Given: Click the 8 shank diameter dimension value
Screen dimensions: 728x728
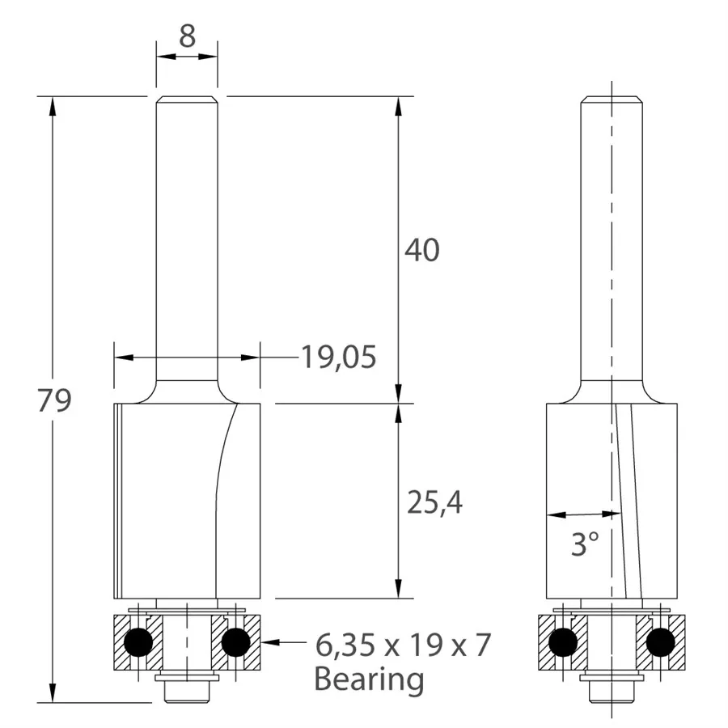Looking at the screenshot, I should [187, 36].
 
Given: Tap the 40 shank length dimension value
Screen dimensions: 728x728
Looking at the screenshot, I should [421, 250].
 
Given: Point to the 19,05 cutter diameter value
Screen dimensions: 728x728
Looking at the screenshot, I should [339, 357].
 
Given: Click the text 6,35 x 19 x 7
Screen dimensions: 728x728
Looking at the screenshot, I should [403, 645].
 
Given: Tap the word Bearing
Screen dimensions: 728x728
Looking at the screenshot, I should [369, 679].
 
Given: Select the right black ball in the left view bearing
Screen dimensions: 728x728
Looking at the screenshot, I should [235, 642].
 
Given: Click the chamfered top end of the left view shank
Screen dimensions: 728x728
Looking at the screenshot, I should [187, 100].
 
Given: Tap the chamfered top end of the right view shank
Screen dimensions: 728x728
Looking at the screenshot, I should [612, 100].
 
